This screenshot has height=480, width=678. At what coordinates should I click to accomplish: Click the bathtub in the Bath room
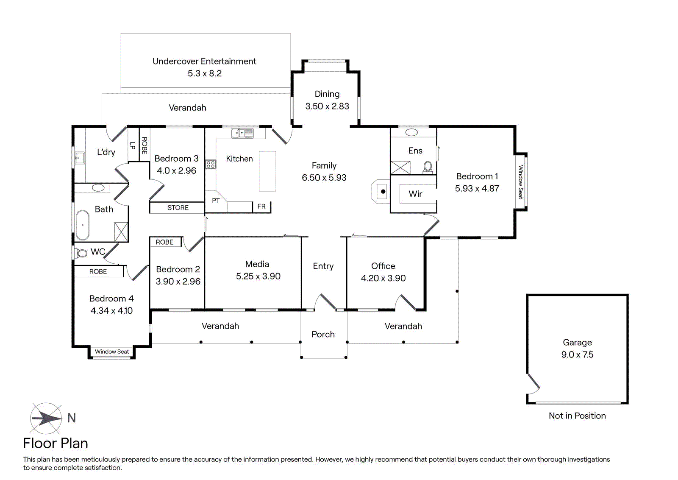point(82,225)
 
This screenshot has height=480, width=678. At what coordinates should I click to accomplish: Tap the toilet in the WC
point(81,254)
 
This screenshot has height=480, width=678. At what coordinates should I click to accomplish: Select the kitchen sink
point(242,133)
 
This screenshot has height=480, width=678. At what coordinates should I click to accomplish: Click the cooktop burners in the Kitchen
point(211,164)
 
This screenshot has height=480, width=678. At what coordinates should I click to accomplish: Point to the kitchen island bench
point(267,171)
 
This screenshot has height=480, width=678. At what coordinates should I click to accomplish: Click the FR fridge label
point(261,207)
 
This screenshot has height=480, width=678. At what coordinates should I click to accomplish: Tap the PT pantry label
point(216,201)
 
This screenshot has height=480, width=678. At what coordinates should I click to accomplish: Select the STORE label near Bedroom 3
point(178,208)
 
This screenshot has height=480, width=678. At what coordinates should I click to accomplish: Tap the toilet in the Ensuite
point(428,167)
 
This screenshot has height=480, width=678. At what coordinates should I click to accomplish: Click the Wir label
point(415,194)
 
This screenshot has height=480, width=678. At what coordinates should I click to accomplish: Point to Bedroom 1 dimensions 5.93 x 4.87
point(477,188)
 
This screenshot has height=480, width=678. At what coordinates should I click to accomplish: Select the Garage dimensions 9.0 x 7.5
point(577,354)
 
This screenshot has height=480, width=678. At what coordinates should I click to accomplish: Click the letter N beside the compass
point(72,418)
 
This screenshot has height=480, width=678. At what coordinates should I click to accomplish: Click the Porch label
point(323,334)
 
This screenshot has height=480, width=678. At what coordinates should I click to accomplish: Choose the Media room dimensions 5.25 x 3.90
point(258,276)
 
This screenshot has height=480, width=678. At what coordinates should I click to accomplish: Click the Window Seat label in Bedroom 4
point(112,352)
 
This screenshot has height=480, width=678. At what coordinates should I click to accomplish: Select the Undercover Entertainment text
point(204,61)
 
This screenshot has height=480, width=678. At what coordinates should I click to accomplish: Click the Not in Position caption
point(577,416)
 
